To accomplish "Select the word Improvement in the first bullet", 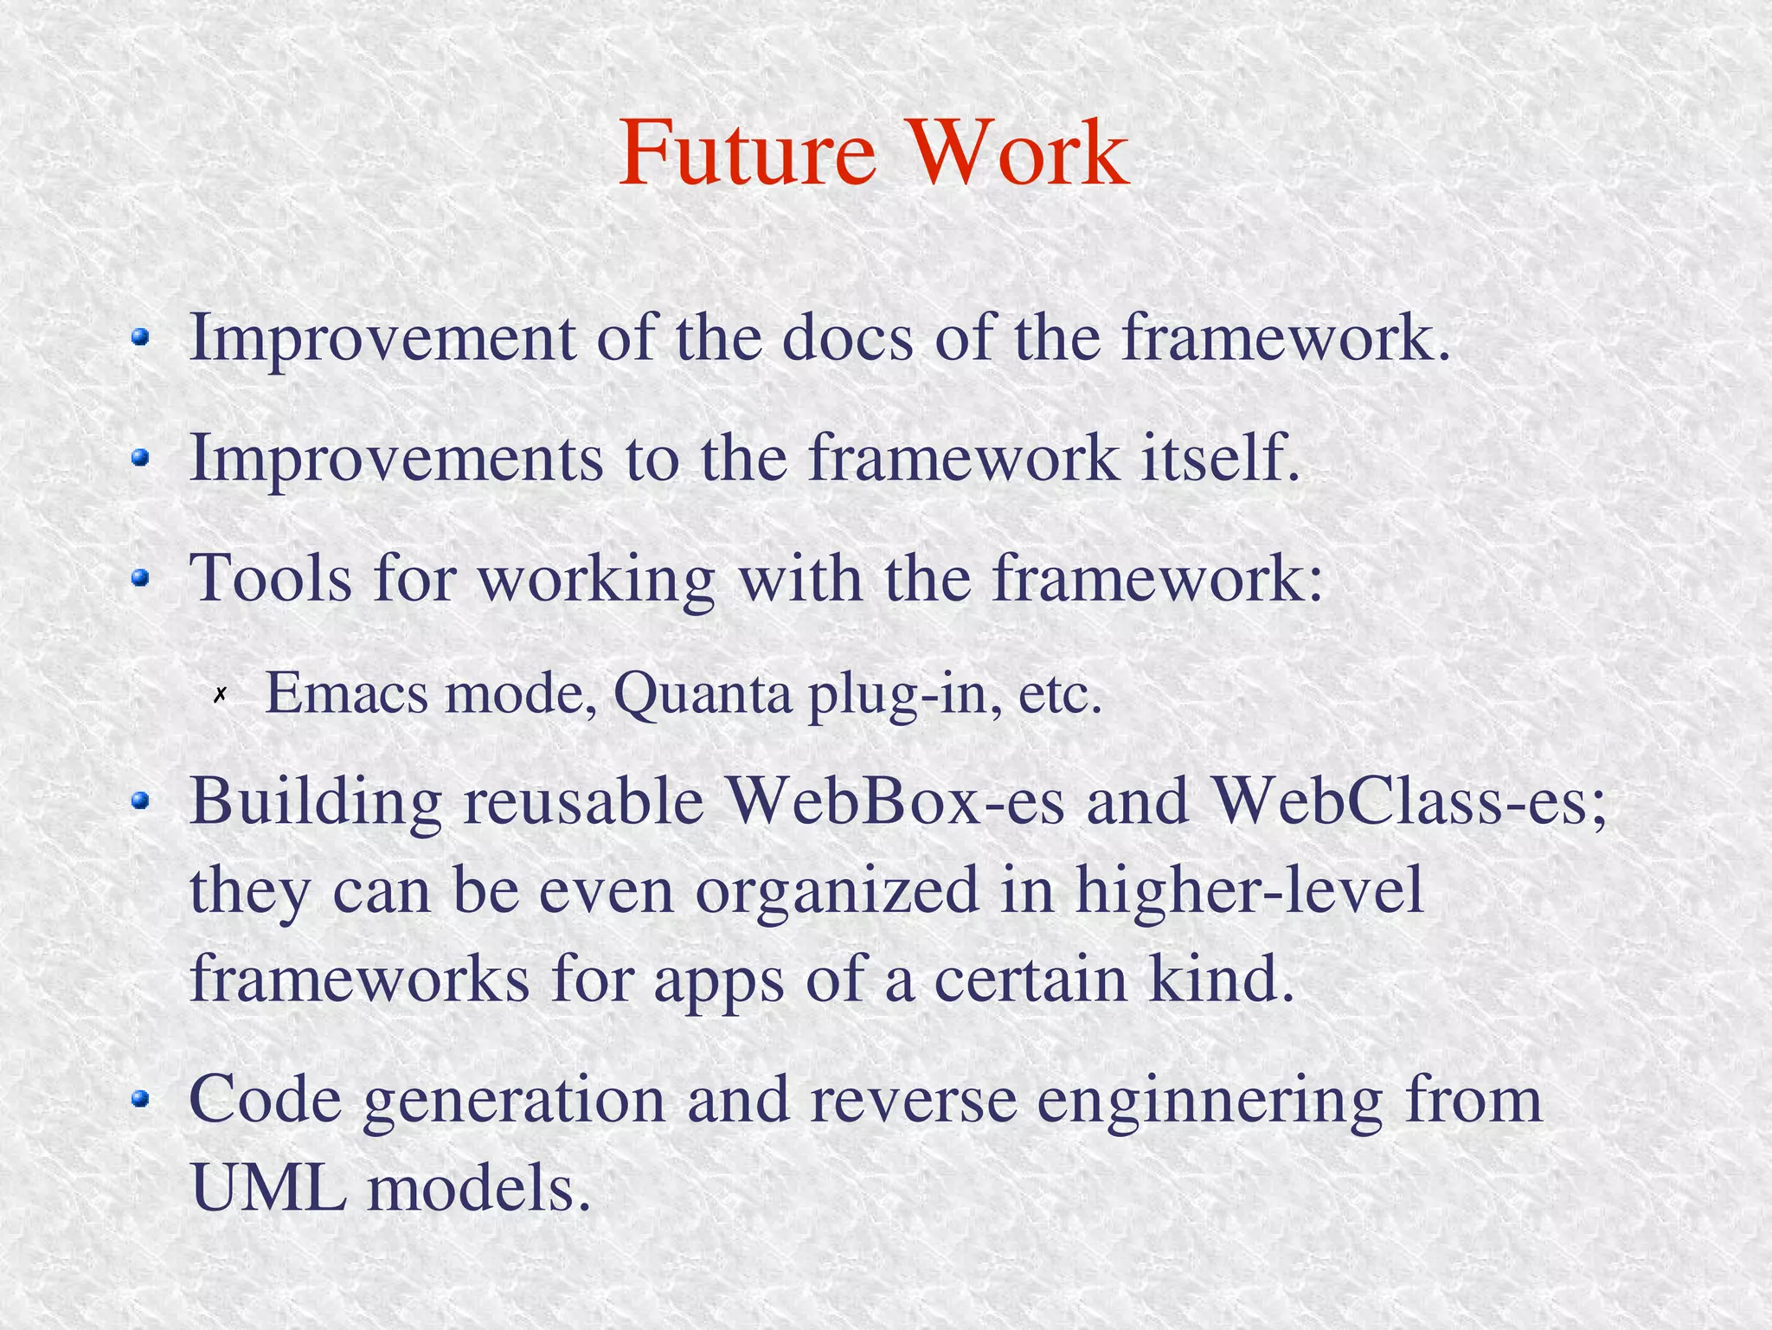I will pos(382,339).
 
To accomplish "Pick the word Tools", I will pos(271,578).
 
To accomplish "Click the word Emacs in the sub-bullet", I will pos(346,694).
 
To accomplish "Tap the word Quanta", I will pos(702,695).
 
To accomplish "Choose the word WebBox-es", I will pos(896,801).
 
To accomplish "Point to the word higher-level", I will pos(1249,891).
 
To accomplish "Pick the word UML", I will pos(269,1189).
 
